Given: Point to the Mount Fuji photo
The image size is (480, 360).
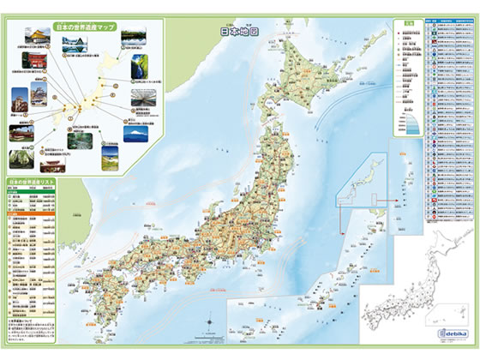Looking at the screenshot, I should point(142,135).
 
